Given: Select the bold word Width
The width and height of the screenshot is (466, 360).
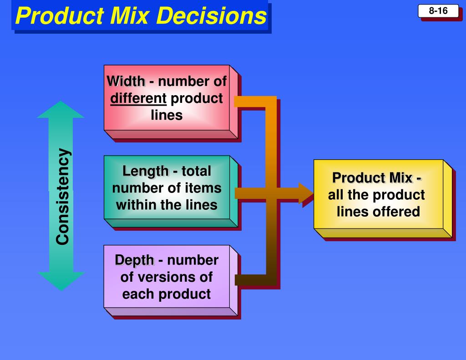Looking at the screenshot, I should tap(126, 81).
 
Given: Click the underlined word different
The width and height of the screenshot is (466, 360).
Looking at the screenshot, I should tap(138, 98).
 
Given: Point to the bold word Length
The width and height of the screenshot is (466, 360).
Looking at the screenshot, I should tap(145, 171).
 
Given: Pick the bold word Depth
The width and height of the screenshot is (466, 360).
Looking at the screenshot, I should tap(134, 260).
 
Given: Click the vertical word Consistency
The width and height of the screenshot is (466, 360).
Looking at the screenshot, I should tap(63, 196).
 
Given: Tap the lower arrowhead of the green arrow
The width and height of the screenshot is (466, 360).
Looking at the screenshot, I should tap(61, 280).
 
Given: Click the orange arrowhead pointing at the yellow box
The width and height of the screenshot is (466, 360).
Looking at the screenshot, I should tap(306, 193).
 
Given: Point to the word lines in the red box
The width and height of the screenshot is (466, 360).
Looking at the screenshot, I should tap(167, 115).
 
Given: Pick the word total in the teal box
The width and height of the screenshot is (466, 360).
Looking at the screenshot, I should tap(196, 171).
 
